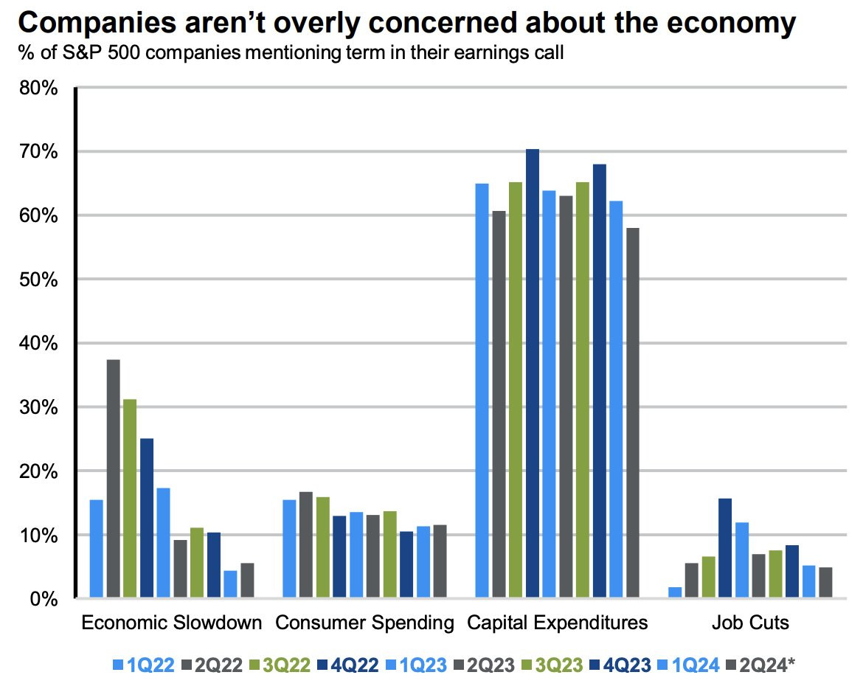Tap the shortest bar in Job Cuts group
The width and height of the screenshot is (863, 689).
tap(675, 592)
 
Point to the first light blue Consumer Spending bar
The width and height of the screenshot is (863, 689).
tap(288, 549)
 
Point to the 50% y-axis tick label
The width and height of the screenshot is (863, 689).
tap(37, 280)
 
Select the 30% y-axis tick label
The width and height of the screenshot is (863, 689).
tap(37, 407)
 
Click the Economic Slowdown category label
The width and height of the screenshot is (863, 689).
tap(171, 623)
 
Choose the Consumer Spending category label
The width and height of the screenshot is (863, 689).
tap(364, 623)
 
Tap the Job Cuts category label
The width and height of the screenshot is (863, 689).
tap(749, 623)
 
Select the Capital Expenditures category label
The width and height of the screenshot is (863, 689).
tap(557, 623)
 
